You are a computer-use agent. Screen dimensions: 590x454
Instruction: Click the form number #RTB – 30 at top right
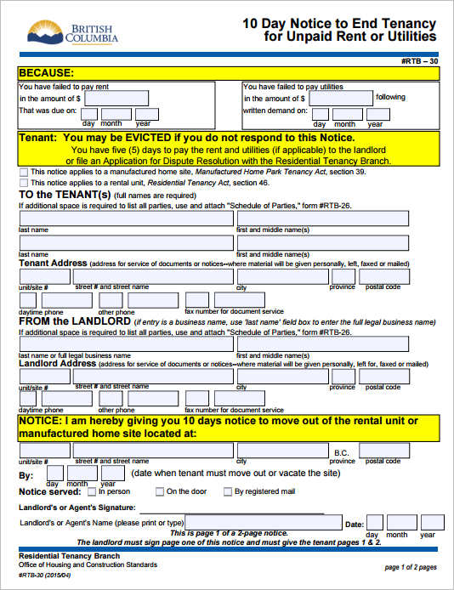(418, 62)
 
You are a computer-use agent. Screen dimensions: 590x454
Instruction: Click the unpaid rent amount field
(116, 99)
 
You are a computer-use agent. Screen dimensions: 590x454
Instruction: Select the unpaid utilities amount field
(341, 99)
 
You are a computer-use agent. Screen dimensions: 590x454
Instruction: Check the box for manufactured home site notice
(23, 172)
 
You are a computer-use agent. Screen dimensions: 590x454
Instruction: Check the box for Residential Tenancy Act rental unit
(23, 183)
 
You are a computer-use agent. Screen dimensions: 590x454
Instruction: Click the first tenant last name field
(126, 218)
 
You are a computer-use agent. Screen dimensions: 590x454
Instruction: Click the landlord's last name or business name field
(126, 344)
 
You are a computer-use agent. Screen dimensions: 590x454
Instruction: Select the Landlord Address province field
(343, 377)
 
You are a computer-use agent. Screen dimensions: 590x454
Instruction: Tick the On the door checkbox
(160, 491)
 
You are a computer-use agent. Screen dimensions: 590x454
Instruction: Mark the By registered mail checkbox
(228, 491)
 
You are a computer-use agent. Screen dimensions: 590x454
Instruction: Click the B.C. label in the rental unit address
(342, 452)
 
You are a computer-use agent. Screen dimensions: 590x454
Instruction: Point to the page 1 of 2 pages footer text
(411, 567)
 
